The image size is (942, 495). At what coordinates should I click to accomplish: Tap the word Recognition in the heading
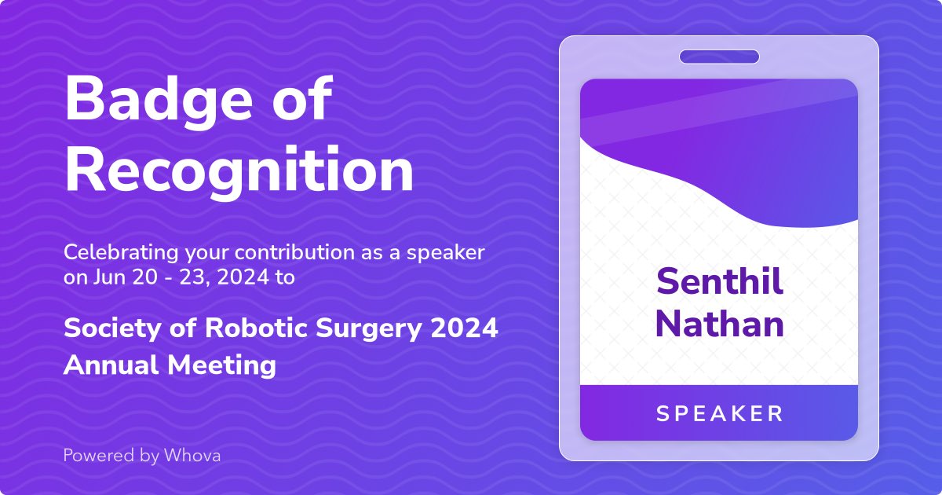coord(239,170)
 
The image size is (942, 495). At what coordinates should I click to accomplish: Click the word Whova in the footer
coord(192,455)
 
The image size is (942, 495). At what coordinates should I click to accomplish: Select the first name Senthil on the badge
coord(719,282)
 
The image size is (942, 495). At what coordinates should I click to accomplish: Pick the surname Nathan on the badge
coord(719,323)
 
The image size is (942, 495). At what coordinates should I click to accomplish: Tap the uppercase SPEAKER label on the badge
coord(719,413)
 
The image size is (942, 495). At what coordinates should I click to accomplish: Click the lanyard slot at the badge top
coord(719,57)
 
